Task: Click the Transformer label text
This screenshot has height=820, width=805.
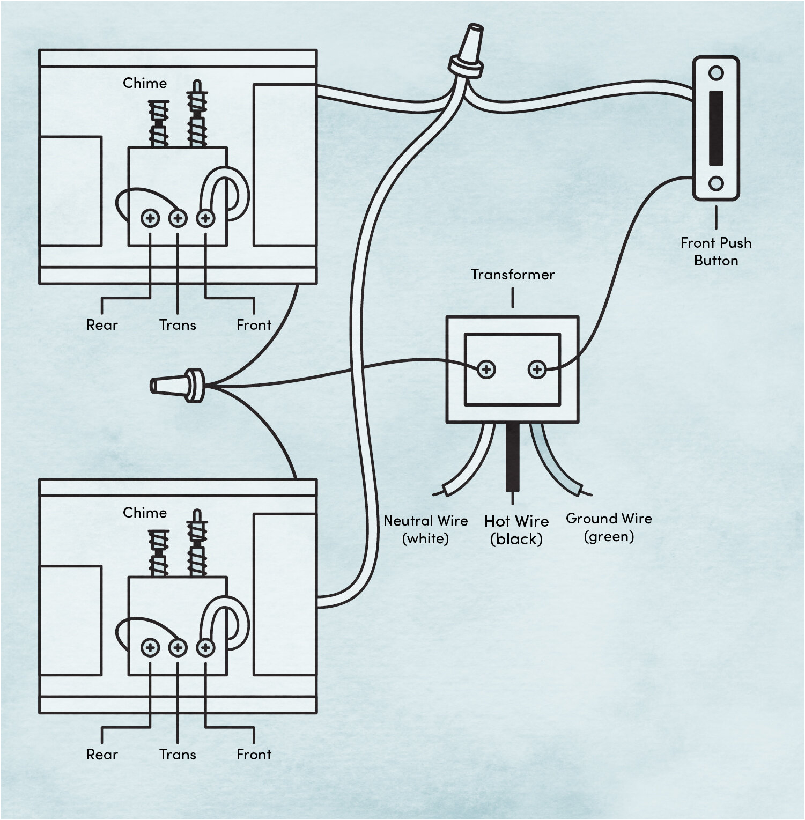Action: (512, 275)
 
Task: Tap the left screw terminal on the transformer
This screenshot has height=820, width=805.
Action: (486, 370)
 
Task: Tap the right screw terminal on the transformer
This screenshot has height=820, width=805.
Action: (537, 370)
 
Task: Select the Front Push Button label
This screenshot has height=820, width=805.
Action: (715, 252)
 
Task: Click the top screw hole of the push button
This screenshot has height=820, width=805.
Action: (716, 73)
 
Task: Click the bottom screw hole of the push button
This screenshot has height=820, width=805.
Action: (716, 184)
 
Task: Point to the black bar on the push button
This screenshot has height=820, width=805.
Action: (716, 128)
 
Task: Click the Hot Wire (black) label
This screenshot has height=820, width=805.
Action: (516, 530)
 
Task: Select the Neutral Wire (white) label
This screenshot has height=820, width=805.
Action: (425, 529)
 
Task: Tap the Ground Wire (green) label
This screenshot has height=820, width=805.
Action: (609, 527)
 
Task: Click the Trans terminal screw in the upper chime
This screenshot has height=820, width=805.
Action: (178, 218)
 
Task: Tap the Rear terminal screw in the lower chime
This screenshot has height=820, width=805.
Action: (150, 648)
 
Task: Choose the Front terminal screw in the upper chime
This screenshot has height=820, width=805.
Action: (205, 218)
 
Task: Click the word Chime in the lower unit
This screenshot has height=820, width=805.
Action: (145, 513)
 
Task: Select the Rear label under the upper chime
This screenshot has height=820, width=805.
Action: (102, 325)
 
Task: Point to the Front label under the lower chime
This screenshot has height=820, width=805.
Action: (254, 755)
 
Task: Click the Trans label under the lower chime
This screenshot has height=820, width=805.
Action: (178, 755)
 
